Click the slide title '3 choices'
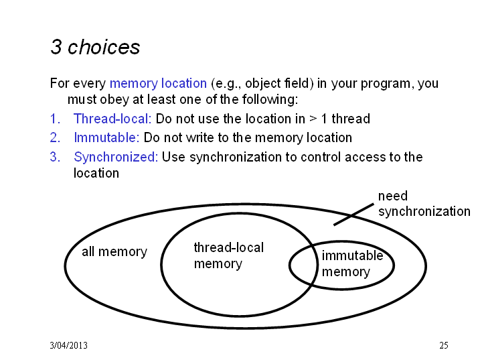[x=95, y=47]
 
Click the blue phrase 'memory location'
[x=158, y=83]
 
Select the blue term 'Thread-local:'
[x=112, y=119]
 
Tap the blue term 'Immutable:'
[x=106, y=137]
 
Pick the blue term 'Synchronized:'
[x=116, y=157]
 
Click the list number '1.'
[x=56, y=119]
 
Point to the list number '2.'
[x=56, y=137]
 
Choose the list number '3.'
[x=56, y=157]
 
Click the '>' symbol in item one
[x=313, y=119]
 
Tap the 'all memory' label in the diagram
[x=114, y=252]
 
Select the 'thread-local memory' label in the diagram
[x=229, y=256]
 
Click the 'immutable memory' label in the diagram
[x=352, y=263]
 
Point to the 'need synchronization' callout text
[x=424, y=204]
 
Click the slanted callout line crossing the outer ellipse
[x=353, y=215]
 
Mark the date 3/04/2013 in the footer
[x=68, y=345]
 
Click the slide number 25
[x=444, y=345]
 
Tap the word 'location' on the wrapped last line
[x=96, y=173]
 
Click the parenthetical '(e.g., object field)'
[x=262, y=83]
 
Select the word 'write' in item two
[x=200, y=137]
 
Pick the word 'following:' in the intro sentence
[x=270, y=99]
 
